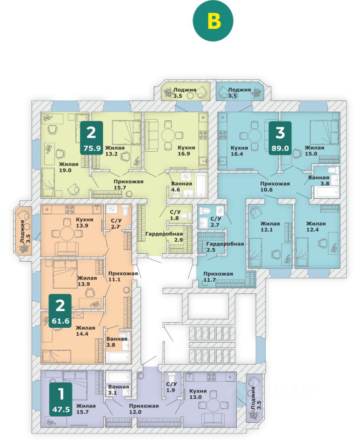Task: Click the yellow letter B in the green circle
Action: (213, 21)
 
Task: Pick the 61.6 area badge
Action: (60, 311)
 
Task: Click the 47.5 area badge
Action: (60, 399)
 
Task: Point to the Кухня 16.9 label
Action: (186, 151)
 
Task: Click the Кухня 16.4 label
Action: (239, 151)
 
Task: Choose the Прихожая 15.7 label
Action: (128, 184)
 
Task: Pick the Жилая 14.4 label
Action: (85, 331)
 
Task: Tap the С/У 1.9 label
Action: (171, 387)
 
